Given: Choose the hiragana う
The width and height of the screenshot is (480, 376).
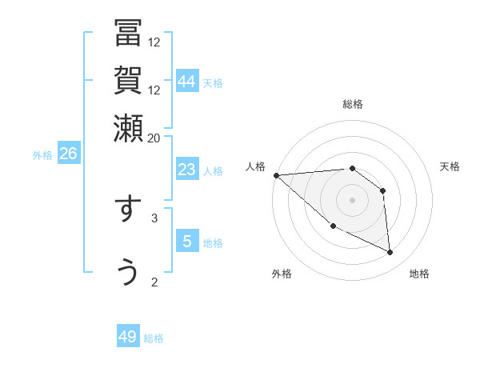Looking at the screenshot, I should click(x=128, y=272).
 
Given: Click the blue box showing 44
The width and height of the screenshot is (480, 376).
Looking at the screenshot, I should click(x=187, y=82).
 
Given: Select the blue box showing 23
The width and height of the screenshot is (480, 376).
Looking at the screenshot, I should click(x=187, y=170).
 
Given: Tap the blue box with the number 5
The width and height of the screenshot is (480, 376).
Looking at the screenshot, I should click(x=187, y=242).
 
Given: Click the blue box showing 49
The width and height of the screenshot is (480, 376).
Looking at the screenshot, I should click(x=128, y=337).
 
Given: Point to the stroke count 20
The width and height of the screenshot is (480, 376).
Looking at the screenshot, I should click(x=154, y=137).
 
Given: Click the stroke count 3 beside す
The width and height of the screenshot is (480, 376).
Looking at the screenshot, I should click(x=154, y=217).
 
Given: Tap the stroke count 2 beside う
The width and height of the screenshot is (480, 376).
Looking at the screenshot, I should click(x=154, y=281).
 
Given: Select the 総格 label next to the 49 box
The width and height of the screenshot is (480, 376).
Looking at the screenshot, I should click(x=154, y=338).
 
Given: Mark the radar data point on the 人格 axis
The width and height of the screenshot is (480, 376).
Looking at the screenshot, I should click(x=276, y=175).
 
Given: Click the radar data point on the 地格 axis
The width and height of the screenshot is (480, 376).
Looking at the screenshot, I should click(x=390, y=253).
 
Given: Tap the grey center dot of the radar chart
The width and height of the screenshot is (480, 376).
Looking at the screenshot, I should click(x=353, y=199).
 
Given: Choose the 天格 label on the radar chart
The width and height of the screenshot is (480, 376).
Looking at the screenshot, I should click(x=450, y=166).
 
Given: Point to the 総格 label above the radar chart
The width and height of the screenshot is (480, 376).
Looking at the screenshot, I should click(x=353, y=104).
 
